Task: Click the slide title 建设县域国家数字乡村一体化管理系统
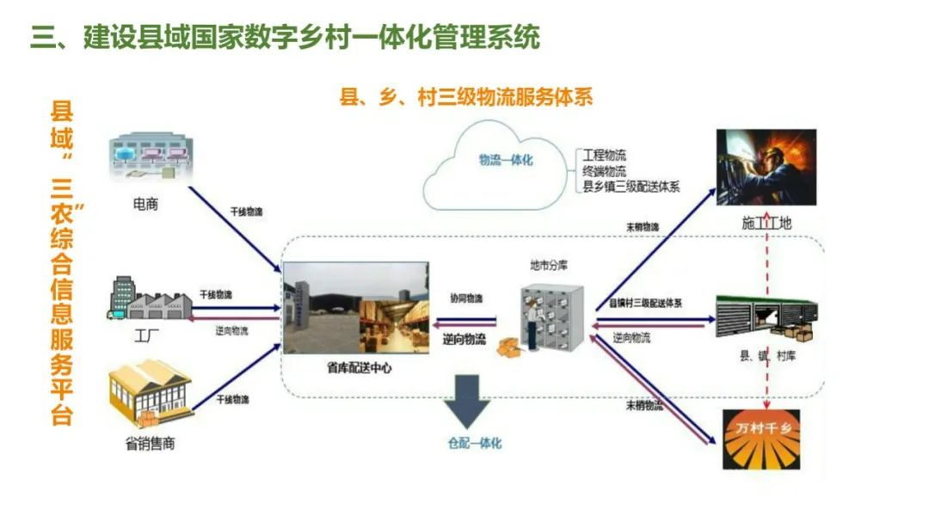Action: (285, 39)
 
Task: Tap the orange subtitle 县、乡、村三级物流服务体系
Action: (466, 97)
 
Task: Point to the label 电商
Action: (145, 205)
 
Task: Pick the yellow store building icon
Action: (150, 393)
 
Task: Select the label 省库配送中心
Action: (354, 368)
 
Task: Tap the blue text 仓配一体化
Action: (474, 444)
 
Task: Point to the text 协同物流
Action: (466, 298)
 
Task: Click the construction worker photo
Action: (766, 167)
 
